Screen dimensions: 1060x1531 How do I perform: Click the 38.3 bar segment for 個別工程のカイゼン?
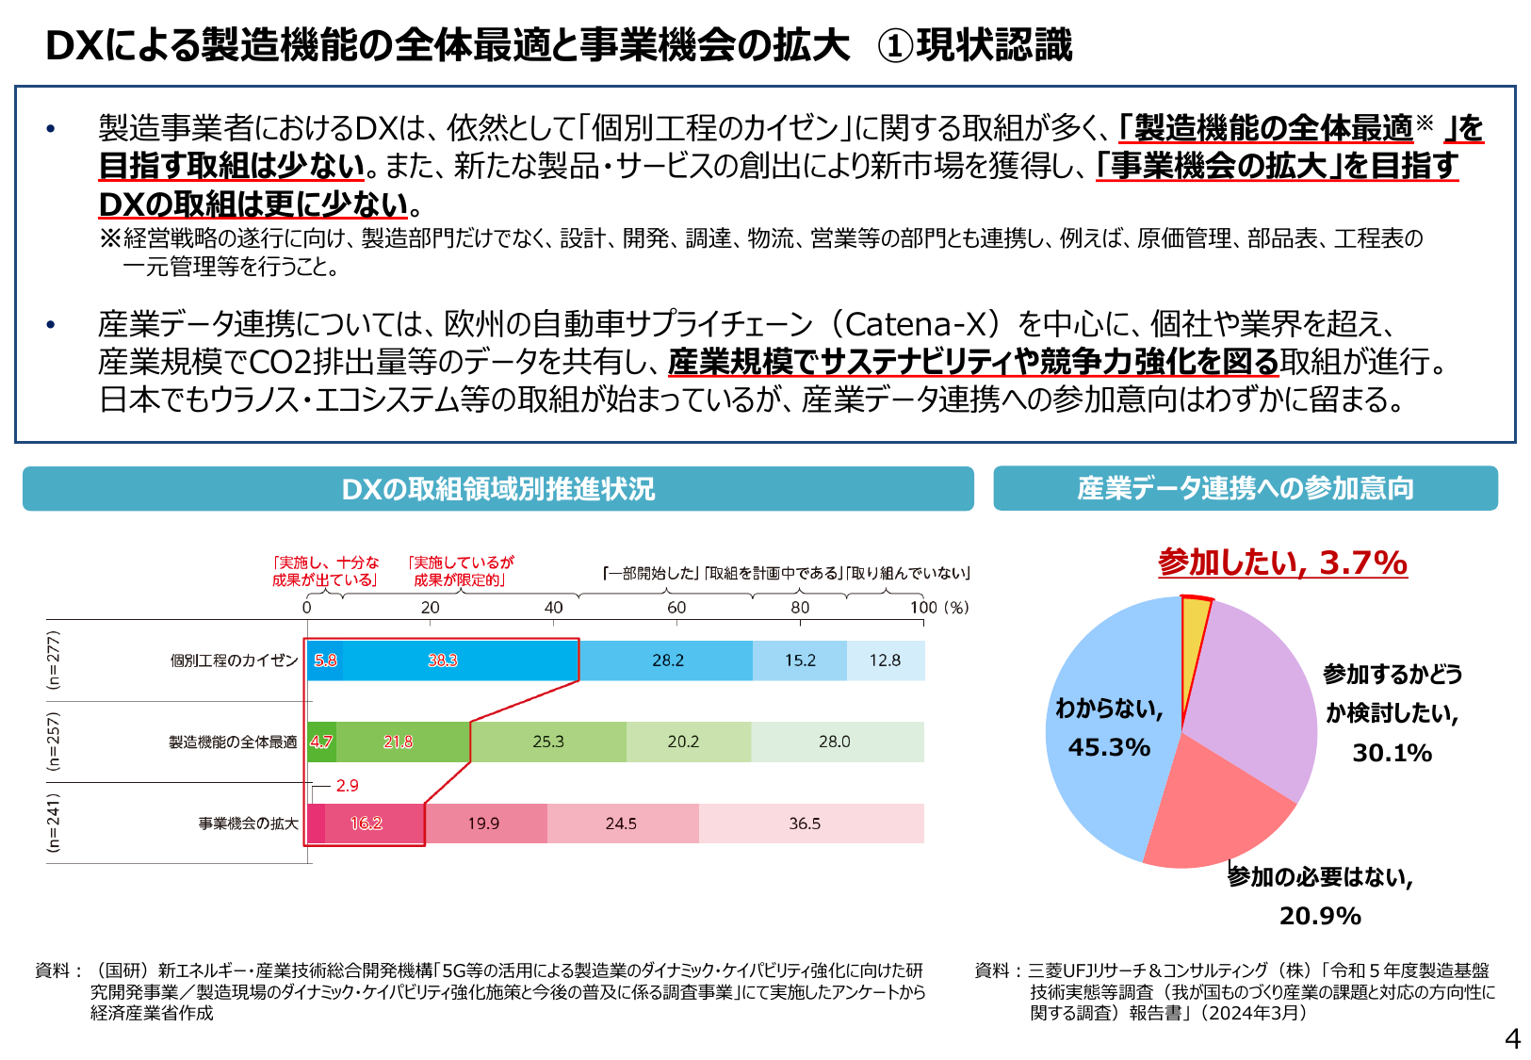[x=443, y=660]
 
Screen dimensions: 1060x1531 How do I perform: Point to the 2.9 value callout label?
[x=347, y=785]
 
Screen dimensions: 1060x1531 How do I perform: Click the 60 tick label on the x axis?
[x=676, y=608]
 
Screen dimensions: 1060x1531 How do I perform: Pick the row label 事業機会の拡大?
[x=248, y=824]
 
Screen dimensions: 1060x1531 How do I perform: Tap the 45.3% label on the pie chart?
[x=1109, y=747]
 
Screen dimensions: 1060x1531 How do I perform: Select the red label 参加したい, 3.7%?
[x=1282, y=563]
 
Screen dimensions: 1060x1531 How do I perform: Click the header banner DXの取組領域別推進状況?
[x=497, y=489]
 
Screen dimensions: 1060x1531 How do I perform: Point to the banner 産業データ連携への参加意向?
[x=1245, y=488]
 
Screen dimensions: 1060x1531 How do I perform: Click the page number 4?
[x=1512, y=1039]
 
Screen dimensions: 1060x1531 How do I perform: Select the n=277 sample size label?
[x=54, y=660]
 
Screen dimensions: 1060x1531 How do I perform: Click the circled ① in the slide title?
[x=894, y=45]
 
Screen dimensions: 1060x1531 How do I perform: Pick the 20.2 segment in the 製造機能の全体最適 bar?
[x=683, y=742]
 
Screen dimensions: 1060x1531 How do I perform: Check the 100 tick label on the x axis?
[x=923, y=608]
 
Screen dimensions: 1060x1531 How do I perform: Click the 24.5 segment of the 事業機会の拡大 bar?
[x=622, y=824]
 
